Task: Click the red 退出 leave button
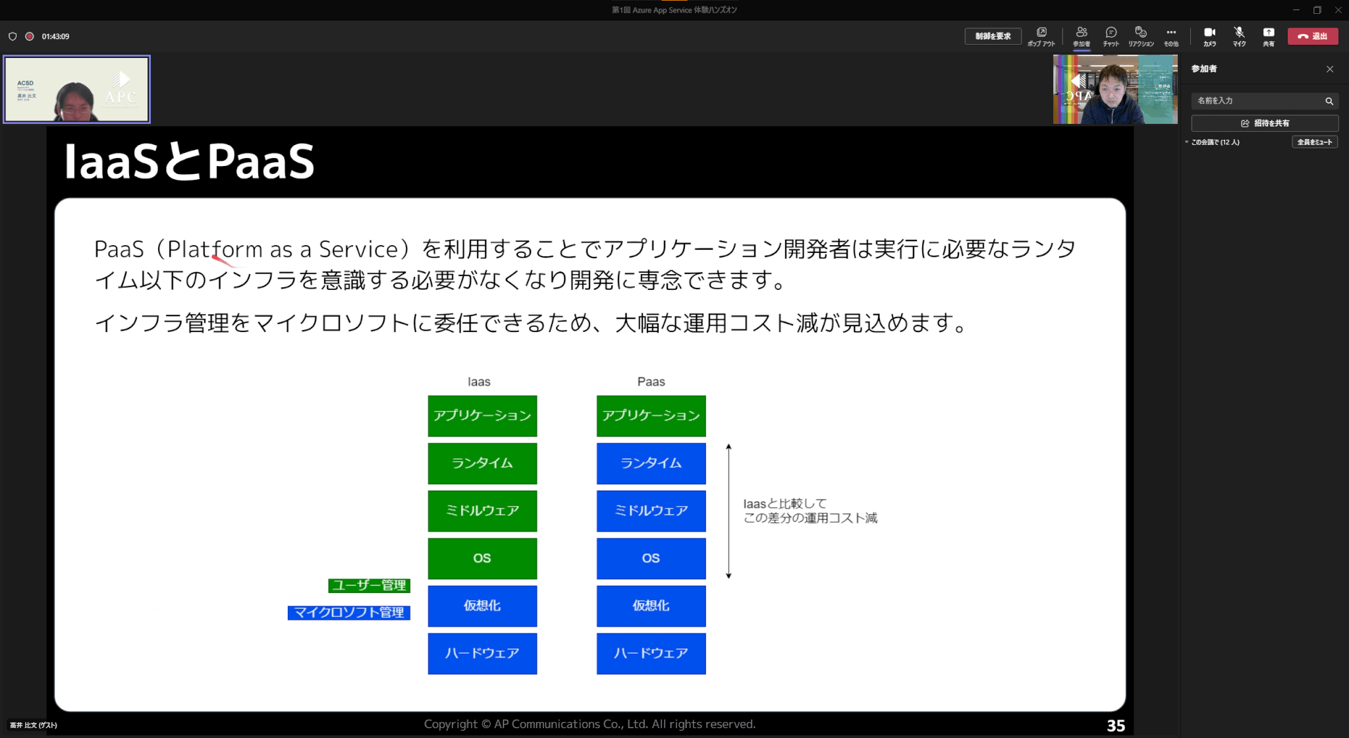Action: (x=1312, y=36)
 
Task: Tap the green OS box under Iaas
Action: (x=482, y=558)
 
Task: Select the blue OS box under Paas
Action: (x=651, y=558)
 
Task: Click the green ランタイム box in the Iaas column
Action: (x=482, y=463)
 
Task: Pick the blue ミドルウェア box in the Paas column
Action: (x=651, y=511)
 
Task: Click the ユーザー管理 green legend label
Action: (x=369, y=585)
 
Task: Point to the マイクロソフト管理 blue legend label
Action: (x=348, y=612)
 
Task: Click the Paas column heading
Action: (x=651, y=382)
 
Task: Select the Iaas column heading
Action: (x=479, y=382)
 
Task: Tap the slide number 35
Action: (x=1115, y=725)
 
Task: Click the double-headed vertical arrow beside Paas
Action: (x=729, y=511)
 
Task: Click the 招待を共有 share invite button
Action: (x=1265, y=123)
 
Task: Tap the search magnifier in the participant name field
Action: (x=1329, y=101)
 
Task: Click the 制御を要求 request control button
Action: (x=993, y=36)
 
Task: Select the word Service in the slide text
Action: (x=358, y=249)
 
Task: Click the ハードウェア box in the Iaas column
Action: (x=482, y=653)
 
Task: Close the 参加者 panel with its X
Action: (x=1329, y=69)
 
